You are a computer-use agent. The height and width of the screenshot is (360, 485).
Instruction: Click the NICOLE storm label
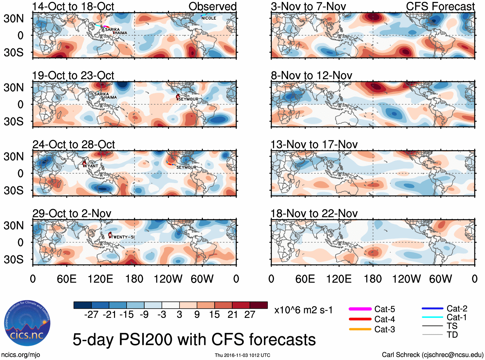tap(208, 18)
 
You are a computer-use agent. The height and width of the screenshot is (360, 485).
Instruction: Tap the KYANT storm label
tap(92, 166)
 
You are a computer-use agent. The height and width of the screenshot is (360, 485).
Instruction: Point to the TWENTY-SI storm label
tap(123, 237)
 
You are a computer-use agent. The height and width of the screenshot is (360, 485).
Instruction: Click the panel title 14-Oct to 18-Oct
tap(73, 6)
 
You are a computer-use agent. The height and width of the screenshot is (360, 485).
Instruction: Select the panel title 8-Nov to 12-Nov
tap(311, 75)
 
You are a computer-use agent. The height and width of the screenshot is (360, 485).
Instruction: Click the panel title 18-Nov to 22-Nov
tap(314, 214)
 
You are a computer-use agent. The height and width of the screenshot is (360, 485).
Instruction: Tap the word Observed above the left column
tap(212, 6)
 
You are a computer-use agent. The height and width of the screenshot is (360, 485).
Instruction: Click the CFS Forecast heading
tap(440, 6)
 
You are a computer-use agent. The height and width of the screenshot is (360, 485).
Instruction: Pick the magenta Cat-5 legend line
tap(360, 309)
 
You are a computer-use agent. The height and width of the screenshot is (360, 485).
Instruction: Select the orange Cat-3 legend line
tap(360, 329)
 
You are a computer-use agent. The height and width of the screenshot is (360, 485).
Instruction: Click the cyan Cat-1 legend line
tap(432, 317)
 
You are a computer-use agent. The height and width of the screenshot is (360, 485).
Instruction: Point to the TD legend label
tap(452, 335)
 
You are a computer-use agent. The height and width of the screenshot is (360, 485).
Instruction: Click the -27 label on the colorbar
tap(91, 314)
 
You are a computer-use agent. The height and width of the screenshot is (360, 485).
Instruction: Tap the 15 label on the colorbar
tap(214, 314)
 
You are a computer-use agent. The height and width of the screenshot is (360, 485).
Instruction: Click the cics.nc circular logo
tap(27, 323)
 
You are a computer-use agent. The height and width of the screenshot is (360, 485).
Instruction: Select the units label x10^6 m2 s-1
tap(303, 310)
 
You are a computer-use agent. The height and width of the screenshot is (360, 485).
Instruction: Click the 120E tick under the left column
tap(100, 279)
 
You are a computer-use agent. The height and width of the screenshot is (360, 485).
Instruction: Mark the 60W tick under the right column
tap(440, 279)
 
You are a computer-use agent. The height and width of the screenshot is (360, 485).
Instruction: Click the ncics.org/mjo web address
tap(21, 355)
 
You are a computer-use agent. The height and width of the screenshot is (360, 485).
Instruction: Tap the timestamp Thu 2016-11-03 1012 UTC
tap(242, 355)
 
